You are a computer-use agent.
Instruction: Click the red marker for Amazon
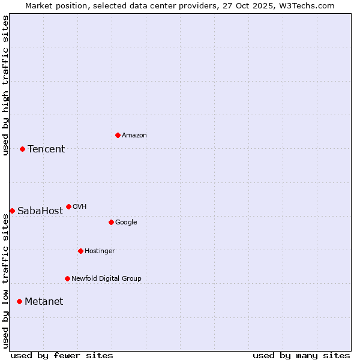click(118, 135)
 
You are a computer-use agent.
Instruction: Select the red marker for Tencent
click(22, 149)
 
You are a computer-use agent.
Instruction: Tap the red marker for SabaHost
click(12, 211)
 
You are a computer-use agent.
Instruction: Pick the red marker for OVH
click(68, 206)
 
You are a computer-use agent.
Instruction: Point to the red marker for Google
click(111, 222)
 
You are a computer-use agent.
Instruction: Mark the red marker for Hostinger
click(80, 251)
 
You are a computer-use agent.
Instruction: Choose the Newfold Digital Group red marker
click(67, 278)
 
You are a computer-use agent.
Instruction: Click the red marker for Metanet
click(19, 301)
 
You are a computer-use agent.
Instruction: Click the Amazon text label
click(134, 136)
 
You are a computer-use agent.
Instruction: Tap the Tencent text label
click(46, 149)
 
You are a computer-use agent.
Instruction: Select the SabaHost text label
click(40, 211)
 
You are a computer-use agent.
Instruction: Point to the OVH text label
click(80, 207)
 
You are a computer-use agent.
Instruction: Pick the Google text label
click(126, 223)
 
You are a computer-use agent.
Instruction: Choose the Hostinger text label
click(100, 251)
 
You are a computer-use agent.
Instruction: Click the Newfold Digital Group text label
click(106, 279)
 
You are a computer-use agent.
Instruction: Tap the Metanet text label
click(44, 302)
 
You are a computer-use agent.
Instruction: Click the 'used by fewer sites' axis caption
click(62, 355)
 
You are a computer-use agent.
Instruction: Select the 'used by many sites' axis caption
click(301, 355)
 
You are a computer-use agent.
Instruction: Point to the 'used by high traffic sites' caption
click(6, 85)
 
